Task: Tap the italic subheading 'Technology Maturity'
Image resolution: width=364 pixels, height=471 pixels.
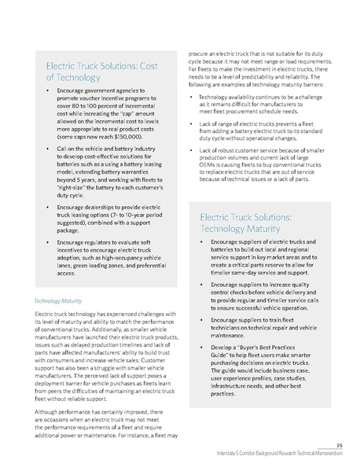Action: [60, 300]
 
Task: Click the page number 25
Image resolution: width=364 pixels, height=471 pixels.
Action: [338, 444]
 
